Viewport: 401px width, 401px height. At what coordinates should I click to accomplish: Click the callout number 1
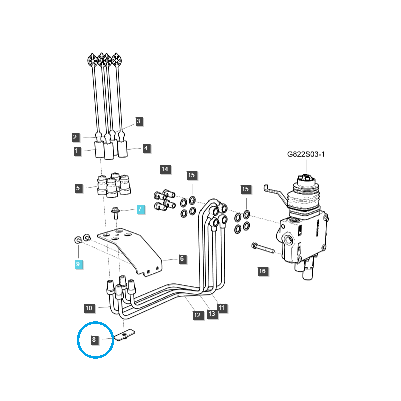pyautogui.click(x=77, y=151)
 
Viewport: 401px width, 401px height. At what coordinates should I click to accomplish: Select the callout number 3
pyautogui.click(x=139, y=121)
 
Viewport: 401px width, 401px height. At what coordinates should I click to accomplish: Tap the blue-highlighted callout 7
pyautogui.click(x=140, y=209)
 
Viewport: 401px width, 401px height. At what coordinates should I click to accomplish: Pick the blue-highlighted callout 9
pyautogui.click(x=78, y=264)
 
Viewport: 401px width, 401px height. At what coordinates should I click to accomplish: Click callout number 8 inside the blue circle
pyautogui.click(x=94, y=340)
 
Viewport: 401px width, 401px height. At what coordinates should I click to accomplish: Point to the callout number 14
pyautogui.click(x=165, y=169)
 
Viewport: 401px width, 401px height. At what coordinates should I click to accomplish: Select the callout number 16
pyautogui.click(x=262, y=271)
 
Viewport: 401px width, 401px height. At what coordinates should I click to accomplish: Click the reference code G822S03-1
pyautogui.click(x=306, y=154)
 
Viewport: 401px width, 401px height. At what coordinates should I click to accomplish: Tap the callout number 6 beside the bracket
pyautogui.click(x=182, y=259)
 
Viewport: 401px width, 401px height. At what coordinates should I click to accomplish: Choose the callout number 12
pyautogui.click(x=197, y=315)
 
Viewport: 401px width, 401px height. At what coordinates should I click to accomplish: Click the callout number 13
pyautogui.click(x=212, y=314)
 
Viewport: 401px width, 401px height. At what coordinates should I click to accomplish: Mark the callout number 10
pyautogui.click(x=89, y=308)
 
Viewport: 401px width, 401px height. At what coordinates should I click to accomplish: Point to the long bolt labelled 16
pyautogui.click(x=263, y=248)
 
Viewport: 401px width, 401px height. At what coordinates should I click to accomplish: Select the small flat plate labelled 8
pyautogui.click(x=124, y=335)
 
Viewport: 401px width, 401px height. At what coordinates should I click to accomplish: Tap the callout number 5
pyautogui.click(x=78, y=189)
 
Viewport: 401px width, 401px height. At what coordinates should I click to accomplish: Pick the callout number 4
pyautogui.click(x=146, y=148)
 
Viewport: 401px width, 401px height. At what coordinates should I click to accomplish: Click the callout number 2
pyautogui.click(x=75, y=137)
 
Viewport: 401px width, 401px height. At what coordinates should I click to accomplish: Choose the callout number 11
pyautogui.click(x=222, y=308)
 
